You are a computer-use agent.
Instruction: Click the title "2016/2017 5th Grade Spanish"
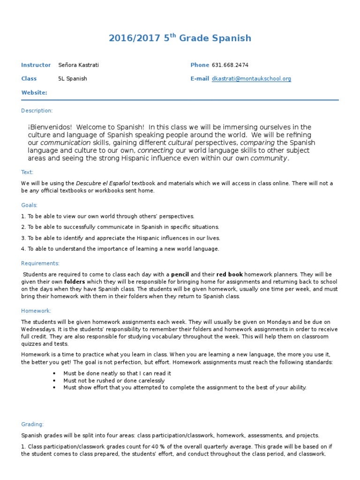coord(180,38)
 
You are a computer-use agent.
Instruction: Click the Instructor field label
coord(36,65)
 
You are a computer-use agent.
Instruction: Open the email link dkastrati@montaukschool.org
coord(251,79)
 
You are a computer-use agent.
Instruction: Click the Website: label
coord(34,93)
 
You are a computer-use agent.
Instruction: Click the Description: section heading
coord(37,111)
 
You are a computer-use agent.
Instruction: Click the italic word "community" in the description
coord(268,158)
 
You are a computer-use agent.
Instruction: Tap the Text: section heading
coord(28,172)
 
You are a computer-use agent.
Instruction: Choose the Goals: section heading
coord(29,205)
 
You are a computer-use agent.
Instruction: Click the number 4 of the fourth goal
coord(23,249)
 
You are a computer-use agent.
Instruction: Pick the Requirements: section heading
coord(40,263)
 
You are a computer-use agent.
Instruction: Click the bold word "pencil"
coord(180,274)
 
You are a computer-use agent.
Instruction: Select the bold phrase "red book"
coord(229,274)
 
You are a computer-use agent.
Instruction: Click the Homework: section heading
coord(36,311)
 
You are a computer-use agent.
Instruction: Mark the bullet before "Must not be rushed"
coord(55,381)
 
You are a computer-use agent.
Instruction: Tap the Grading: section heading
coord(32,424)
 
